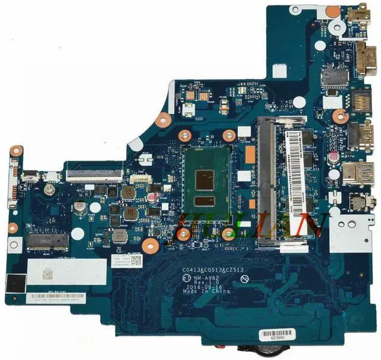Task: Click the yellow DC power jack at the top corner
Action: pyautogui.click(x=359, y=11)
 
